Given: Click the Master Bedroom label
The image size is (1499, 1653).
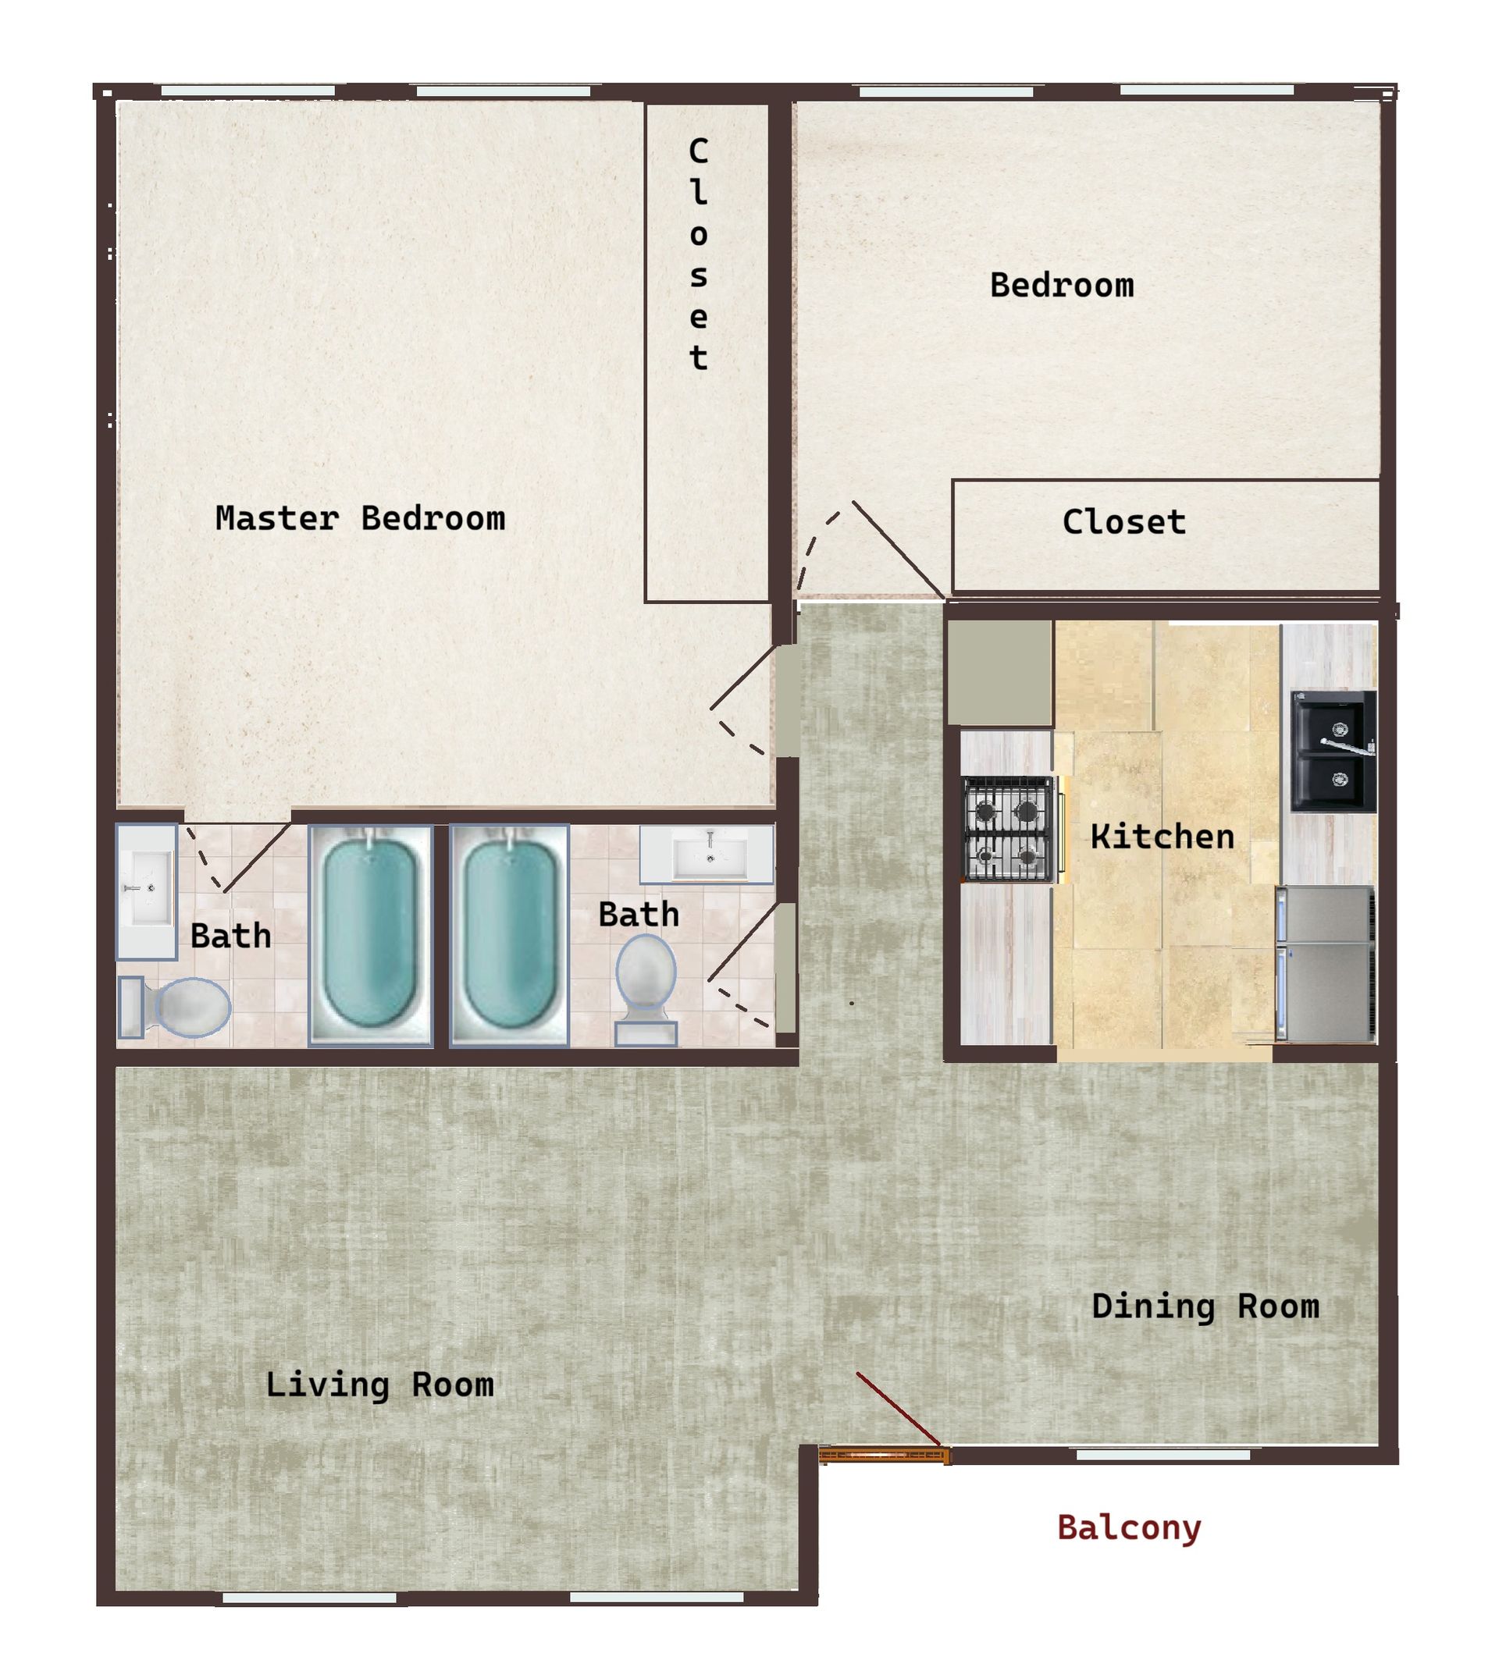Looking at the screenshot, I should click(360, 519).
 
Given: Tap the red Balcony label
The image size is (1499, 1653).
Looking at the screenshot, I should click(1129, 1528).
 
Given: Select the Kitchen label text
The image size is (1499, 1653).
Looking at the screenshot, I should click(1162, 837).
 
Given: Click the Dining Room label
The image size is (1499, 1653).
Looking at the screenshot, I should click(1205, 1307).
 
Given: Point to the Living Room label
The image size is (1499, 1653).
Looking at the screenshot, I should click(379, 1385).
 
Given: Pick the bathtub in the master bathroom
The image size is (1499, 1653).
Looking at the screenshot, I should click(370, 936).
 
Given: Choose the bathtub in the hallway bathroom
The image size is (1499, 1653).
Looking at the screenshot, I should click(509, 936).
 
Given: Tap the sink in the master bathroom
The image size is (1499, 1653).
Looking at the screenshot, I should click(147, 890).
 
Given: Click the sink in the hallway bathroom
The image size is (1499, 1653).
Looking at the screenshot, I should click(707, 855).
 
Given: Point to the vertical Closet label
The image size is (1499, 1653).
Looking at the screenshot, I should click(698, 254).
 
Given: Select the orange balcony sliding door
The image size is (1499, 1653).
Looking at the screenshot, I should click(885, 1456).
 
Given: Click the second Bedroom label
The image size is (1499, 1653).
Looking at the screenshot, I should click(1061, 286).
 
